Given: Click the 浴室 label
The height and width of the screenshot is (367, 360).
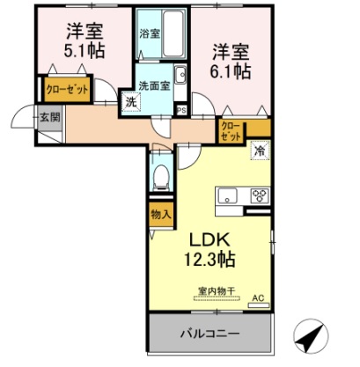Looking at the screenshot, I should [x=149, y=33].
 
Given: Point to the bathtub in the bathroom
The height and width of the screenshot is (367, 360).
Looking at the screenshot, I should [x=173, y=33].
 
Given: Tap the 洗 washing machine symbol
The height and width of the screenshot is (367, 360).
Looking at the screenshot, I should [x=129, y=102].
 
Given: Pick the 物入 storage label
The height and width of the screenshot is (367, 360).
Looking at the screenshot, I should [x=160, y=214].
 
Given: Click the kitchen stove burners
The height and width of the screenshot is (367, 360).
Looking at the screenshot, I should [x=260, y=196].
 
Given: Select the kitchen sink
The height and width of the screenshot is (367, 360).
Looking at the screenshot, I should [x=226, y=195].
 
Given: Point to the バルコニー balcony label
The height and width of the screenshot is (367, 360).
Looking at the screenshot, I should [x=210, y=334].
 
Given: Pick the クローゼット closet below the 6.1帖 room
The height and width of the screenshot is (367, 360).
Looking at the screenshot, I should [x=231, y=132].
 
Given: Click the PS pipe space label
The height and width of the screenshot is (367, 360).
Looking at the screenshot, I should [x=182, y=110].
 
